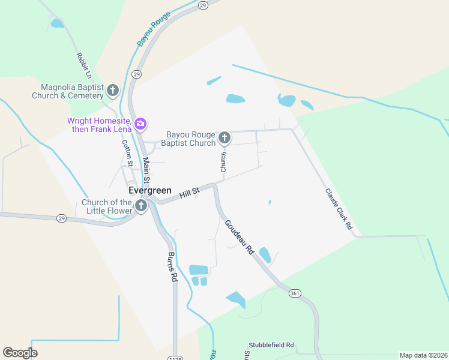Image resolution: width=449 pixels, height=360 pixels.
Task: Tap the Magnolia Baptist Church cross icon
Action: click(x=113, y=91)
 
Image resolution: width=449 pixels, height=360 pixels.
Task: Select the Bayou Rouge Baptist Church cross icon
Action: click(x=224, y=139)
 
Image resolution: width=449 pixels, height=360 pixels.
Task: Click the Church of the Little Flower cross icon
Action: click(x=141, y=206)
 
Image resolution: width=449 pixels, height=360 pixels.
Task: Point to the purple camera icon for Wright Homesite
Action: click(x=140, y=124)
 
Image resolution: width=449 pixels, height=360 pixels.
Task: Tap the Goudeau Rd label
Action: click(x=240, y=238)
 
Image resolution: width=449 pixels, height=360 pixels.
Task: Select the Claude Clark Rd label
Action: click(x=339, y=210)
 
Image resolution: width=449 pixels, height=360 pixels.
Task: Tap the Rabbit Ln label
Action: click(x=83, y=66)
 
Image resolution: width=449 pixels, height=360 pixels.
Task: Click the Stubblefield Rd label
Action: click(x=271, y=345)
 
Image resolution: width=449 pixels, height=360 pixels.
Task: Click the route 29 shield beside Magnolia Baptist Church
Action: click(x=137, y=74)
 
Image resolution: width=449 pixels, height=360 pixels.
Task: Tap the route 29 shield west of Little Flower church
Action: click(x=61, y=218)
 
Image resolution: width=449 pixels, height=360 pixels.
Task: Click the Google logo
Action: click(x=20, y=353)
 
